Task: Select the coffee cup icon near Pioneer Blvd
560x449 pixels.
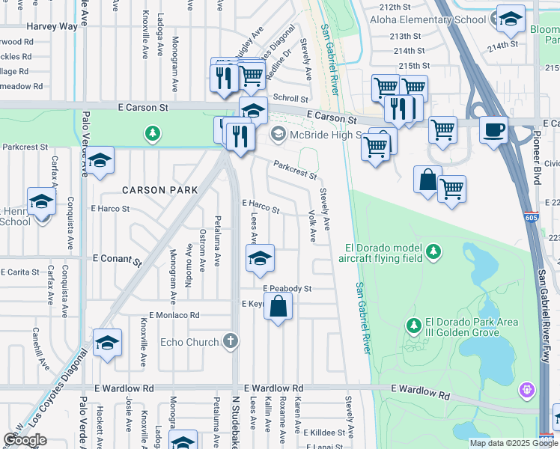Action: (493, 129)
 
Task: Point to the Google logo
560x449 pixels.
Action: (25, 440)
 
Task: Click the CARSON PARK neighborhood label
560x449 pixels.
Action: (160, 190)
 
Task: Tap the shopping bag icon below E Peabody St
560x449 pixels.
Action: (278, 306)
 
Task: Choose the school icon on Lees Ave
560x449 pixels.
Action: (260, 258)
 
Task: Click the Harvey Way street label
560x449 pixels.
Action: (52, 26)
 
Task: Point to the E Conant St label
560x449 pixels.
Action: (117, 258)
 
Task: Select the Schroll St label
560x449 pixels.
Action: (290, 98)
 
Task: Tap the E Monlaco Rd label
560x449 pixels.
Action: (174, 316)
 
